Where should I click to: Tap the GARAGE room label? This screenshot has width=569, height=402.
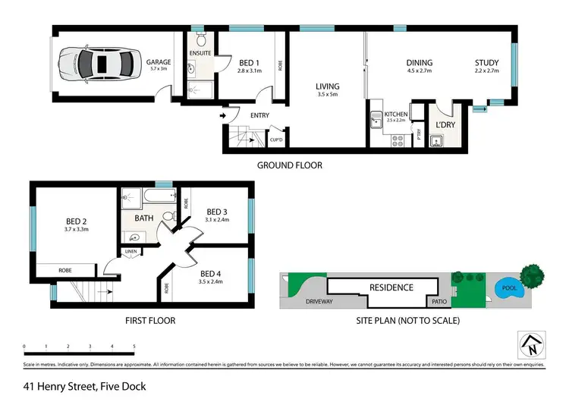pos(158,62)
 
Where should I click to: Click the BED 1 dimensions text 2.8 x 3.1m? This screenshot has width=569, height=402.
pos(249,70)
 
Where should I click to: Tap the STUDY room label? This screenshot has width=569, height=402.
pos(486,63)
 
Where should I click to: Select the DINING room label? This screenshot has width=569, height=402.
pos(419,63)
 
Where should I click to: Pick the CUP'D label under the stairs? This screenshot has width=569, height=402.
pos(276,140)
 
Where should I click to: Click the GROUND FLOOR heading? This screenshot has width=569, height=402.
pos(289,165)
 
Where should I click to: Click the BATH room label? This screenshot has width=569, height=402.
pos(144,218)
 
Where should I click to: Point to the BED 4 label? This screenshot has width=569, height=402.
pos(212,273)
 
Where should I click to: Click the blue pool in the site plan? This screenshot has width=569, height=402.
pos(508,288)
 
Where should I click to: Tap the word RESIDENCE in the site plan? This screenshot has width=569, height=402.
pos(391,287)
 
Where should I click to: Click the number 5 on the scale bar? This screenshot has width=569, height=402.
pos(134,346)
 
